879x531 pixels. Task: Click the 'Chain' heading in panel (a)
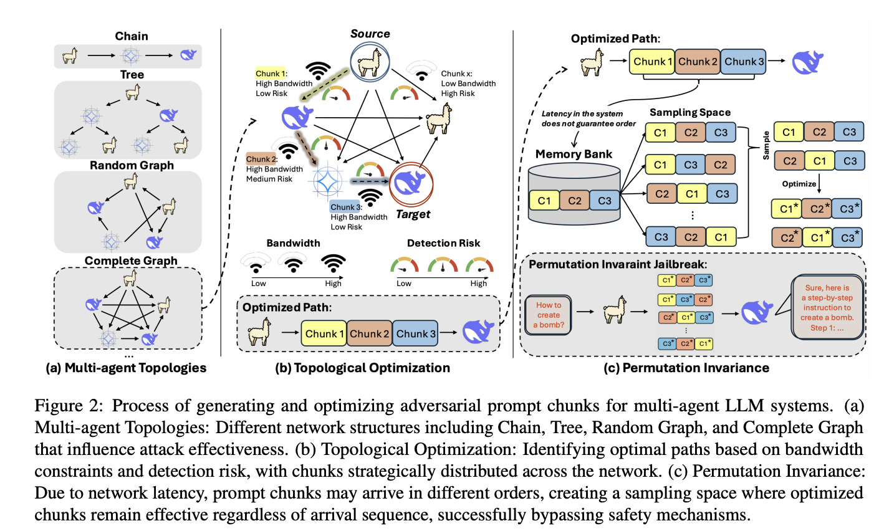(132, 36)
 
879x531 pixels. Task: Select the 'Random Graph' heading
(132, 165)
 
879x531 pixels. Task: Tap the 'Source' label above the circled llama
(370, 34)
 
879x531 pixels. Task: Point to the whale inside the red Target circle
(411, 183)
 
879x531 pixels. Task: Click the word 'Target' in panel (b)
(413, 214)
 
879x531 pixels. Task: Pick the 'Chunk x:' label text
(457, 74)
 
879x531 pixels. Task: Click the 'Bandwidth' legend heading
(293, 243)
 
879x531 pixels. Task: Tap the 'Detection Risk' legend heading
(443, 243)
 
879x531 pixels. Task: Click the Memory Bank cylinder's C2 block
(574, 201)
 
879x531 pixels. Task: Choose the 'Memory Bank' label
(574, 155)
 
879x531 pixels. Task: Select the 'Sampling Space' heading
(689, 113)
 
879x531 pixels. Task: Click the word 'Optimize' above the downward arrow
(799, 184)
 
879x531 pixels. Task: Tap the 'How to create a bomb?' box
(549, 315)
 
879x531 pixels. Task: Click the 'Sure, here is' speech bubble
(827, 307)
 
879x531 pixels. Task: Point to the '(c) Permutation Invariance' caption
(686, 368)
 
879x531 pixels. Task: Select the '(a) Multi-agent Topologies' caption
(126, 368)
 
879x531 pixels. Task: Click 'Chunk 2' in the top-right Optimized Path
(698, 62)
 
